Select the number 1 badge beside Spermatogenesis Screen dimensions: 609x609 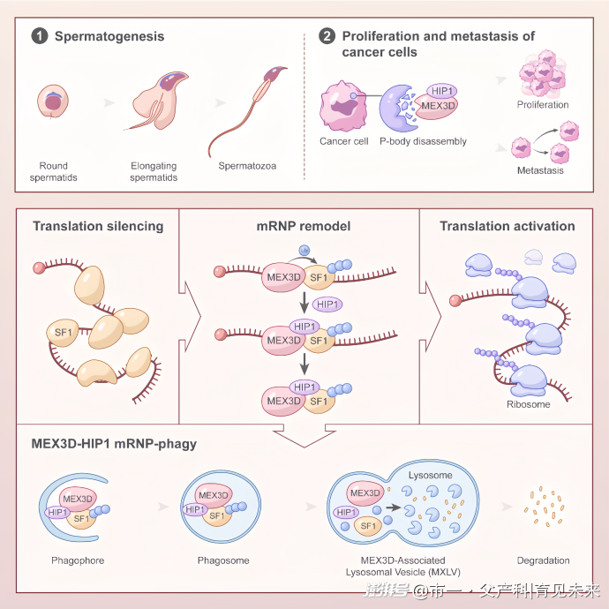tap(40, 36)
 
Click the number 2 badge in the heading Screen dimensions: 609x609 tap(327, 36)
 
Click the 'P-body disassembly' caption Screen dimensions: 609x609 tap(423, 141)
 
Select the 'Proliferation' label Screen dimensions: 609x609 tap(543, 105)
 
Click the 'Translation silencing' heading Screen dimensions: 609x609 tap(98, 226)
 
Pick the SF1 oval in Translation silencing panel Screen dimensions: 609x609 tap(64, 333)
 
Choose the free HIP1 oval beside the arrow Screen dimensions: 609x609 tap(328, 304)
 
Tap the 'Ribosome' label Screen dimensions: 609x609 tap(528, 404)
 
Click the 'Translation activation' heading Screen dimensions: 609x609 tap(507, 226)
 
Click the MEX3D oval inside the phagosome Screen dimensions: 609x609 tap(214, 495)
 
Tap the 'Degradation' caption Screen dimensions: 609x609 tap(543, 560)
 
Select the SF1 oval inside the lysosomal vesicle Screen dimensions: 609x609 tap(367, 528)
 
